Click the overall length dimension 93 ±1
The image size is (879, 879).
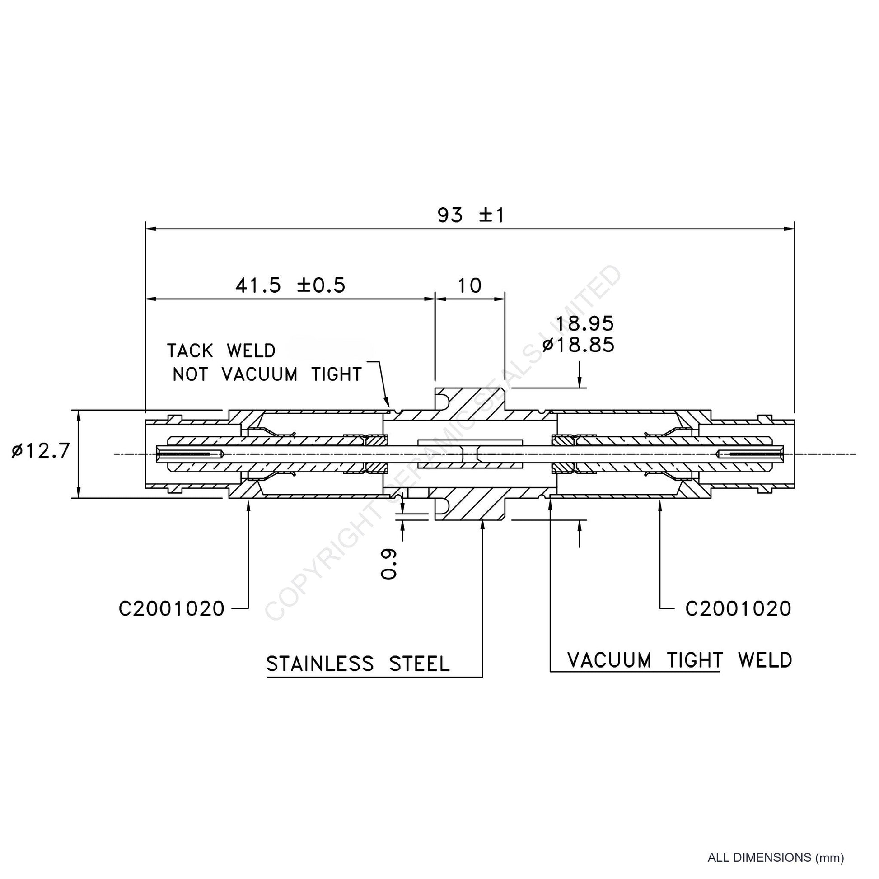click(471, 215)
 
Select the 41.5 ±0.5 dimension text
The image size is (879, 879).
click(290, 286)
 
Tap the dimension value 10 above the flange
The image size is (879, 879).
click(469, 286)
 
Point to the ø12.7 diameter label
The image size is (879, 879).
click(41, 451)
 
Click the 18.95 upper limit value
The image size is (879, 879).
click(584, 323)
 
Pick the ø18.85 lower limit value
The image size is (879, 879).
click(578, 345)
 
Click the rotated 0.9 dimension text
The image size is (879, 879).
click(389, 564)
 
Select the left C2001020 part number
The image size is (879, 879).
click(172, 609)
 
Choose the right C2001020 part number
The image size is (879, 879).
click(739, 609)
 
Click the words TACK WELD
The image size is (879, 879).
click(221, 351)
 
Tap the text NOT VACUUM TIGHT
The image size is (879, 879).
click(267, 374)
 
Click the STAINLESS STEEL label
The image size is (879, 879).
click(358, 664)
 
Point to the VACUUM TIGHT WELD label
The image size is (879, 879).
click(680, 660)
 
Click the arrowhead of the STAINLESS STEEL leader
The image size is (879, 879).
click(482, 524)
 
